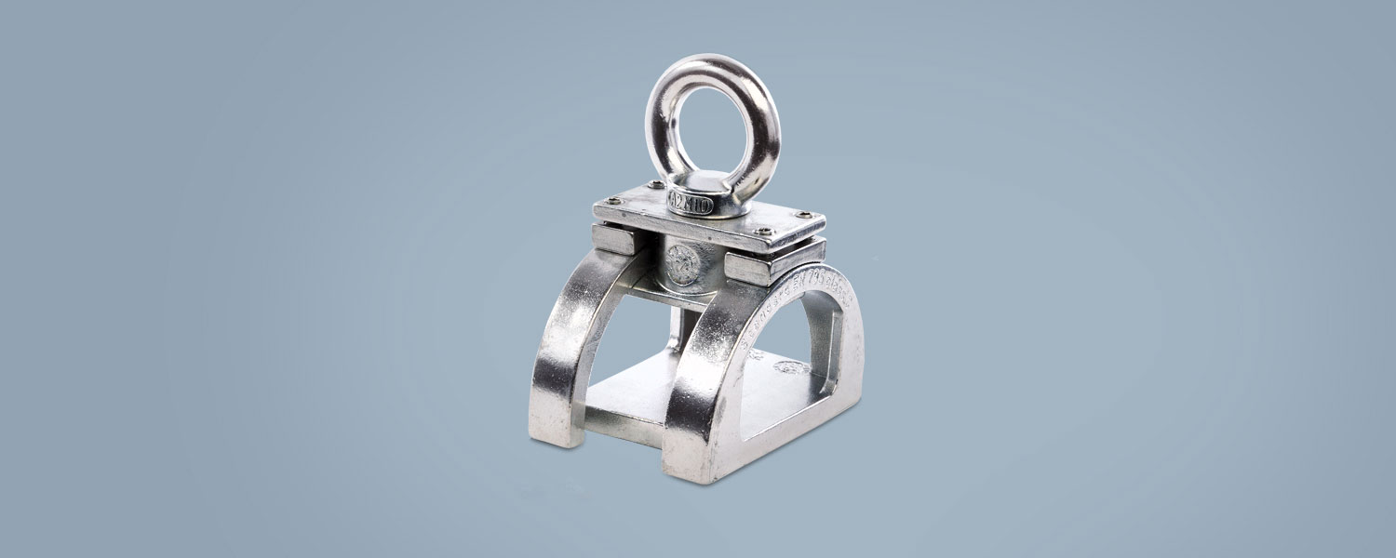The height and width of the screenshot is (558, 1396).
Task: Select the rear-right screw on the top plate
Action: click(812, 216)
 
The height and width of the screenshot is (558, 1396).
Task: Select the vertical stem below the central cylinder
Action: click(677, 325)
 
